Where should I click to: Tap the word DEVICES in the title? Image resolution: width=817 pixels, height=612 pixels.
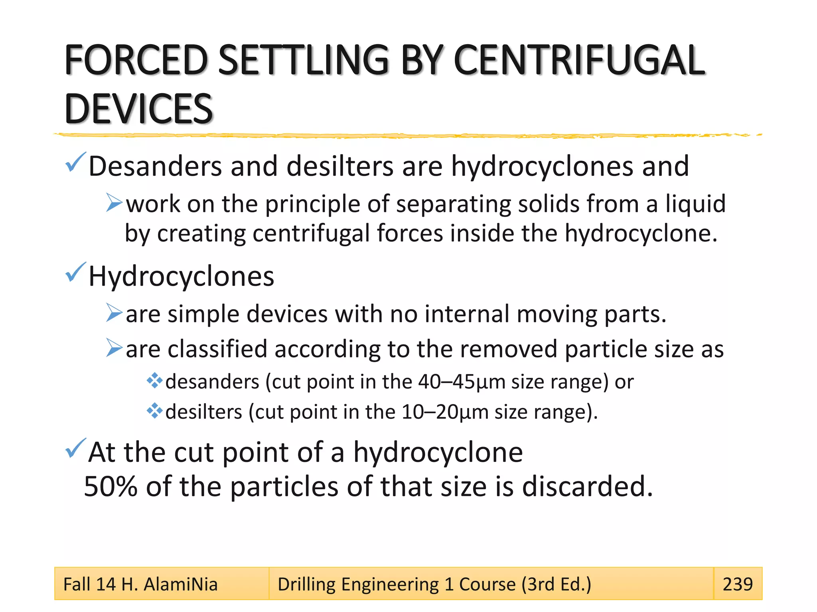(x=138, y=108)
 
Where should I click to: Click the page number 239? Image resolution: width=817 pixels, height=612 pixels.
(x=738, y=584)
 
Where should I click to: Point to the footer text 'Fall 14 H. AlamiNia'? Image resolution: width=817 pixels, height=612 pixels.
(x=140, y=584)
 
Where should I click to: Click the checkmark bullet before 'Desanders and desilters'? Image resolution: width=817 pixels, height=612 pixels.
(x=75, y=162)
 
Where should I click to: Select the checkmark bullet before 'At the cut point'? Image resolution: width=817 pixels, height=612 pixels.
(x=75, y=448)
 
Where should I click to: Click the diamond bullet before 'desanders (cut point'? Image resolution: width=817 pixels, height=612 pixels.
(x=154, y=381)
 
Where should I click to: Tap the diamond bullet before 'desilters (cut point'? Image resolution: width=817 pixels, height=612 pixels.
(x=154, y=411)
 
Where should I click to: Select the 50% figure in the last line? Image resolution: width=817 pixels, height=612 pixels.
(x=111, y=486)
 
